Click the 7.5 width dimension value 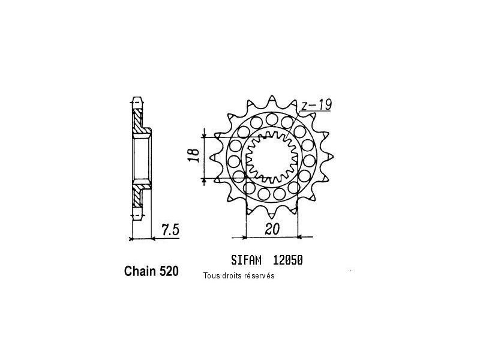tap(170, 230)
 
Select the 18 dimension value tap(194, 155)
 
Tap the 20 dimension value tap(272, 229)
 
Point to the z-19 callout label tap(316, 105)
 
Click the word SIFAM tap(246, 260)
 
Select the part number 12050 tap(287, 260)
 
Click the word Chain tap(140, 271)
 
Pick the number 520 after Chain tap(169, 271)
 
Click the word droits tap(230, 275)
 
